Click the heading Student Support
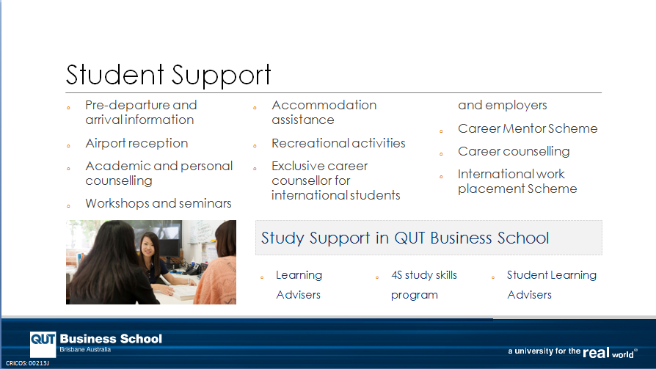(168, 75)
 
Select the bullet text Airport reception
(136, 144)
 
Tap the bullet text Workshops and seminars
(158, 203)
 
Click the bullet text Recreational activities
(338, 143)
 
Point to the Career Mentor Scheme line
(528, 128)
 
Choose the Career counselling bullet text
(514, 151)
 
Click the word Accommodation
(324, 105)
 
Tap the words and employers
(503, 106)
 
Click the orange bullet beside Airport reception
(68, 146)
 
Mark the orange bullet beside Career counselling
(441, 154)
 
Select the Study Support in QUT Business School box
(429, 238)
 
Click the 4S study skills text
(424, 275)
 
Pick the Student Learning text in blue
(551, 275)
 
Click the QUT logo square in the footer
(43, 344)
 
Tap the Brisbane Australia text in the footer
(85, 350)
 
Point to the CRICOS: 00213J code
(27, 363)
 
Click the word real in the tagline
(596, 353)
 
